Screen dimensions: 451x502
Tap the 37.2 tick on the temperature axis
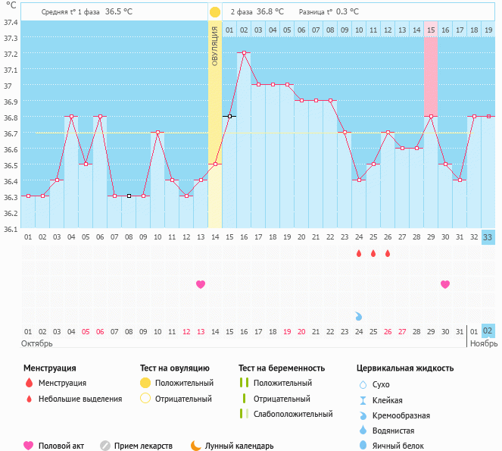click(11, 54)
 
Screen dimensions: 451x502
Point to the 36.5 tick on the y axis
click(11, 164)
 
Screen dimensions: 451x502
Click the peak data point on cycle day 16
click(244, 53)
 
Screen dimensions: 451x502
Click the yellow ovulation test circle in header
click(215, 12)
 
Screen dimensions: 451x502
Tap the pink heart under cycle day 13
click(201, 284)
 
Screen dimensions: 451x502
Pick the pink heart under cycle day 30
click(445, 284)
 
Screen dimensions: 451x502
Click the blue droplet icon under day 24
click(359, 315)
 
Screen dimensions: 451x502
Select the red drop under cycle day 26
click(388, 254)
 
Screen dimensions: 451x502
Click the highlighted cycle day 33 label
click(488, 237)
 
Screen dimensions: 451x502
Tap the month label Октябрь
click(36, 344)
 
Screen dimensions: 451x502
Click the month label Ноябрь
click(484, 344)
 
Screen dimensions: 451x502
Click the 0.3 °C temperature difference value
click(348, 12)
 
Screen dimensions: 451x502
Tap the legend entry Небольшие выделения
click(80, 399)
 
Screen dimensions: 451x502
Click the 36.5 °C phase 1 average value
click(119, 12)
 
